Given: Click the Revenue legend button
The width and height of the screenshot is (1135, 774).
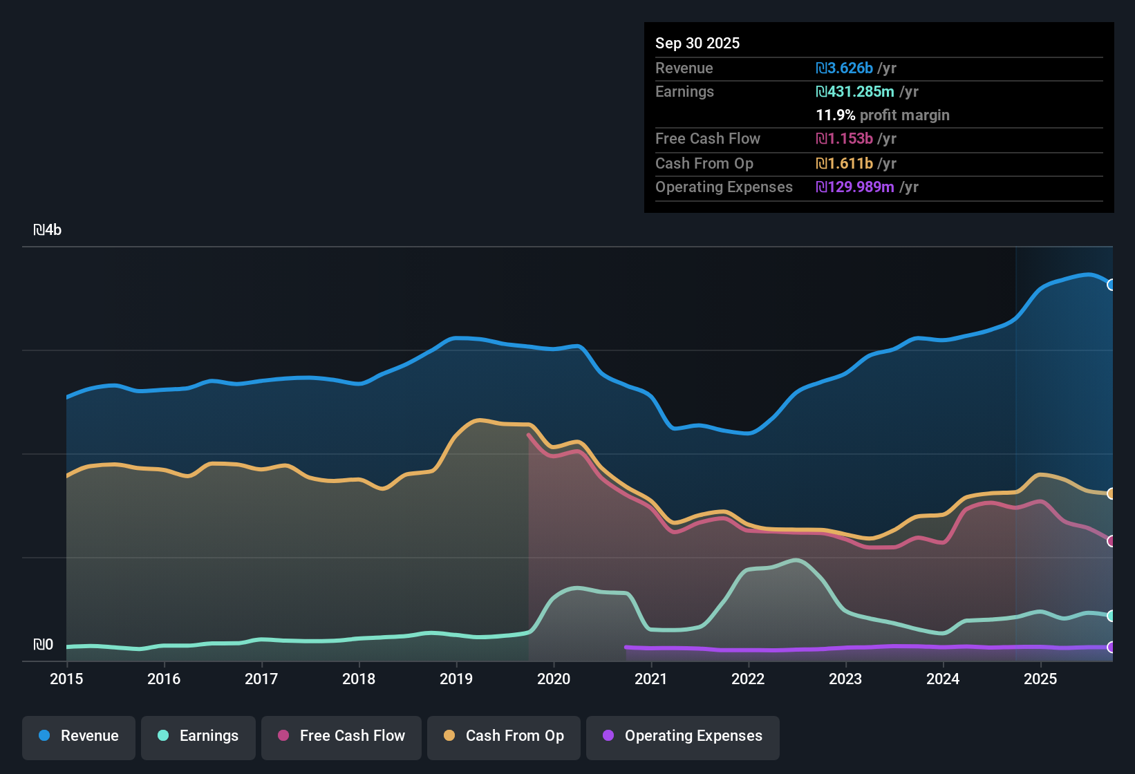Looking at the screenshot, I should click(x=79, y=736).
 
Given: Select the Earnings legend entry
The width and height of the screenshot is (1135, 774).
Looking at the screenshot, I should click(x=198, y=736).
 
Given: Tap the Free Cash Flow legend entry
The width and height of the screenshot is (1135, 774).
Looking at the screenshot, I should click(x=341, y=736).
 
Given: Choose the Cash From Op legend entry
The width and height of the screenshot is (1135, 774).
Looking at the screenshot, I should click(x=504, y=736).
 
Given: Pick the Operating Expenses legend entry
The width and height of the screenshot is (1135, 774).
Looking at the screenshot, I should click(x=683, y=736).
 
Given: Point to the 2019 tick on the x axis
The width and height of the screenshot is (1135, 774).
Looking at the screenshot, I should click(x=456, y=679).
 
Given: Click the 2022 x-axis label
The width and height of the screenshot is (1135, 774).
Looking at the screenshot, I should click(x=748, y=679).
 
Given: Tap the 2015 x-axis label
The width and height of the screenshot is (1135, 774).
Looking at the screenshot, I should click(x=66, y=679).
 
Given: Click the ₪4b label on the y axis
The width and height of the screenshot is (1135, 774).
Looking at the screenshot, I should click(x=48, y=230).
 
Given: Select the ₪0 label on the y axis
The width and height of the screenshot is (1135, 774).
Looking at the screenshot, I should click(x=43, y=645).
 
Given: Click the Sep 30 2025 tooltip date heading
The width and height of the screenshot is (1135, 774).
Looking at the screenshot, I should click(x=697, y=43).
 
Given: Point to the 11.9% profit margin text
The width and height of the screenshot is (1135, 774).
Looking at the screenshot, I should click(x=883, y=115).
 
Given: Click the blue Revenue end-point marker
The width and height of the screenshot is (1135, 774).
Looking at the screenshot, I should click(x=1111, y=285).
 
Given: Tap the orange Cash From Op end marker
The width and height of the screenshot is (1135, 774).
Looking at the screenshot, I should click(x=1111, y=493).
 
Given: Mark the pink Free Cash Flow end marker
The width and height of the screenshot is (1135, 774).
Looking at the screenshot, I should click(x=1111, y=541).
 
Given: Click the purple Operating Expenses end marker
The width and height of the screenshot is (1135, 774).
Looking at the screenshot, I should click(x=1111, y=648).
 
